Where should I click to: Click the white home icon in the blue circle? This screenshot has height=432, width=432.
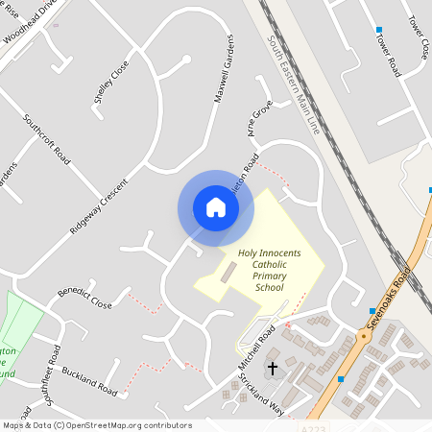click(x=216, y=207)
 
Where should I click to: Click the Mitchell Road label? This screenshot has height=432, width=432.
click(x=256, y=351)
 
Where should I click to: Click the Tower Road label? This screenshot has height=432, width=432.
click(x=388, y=55)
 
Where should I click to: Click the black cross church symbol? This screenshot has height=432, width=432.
click(x=272, y=369)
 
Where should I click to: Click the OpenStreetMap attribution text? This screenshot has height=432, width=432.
click(x=96, y=425)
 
